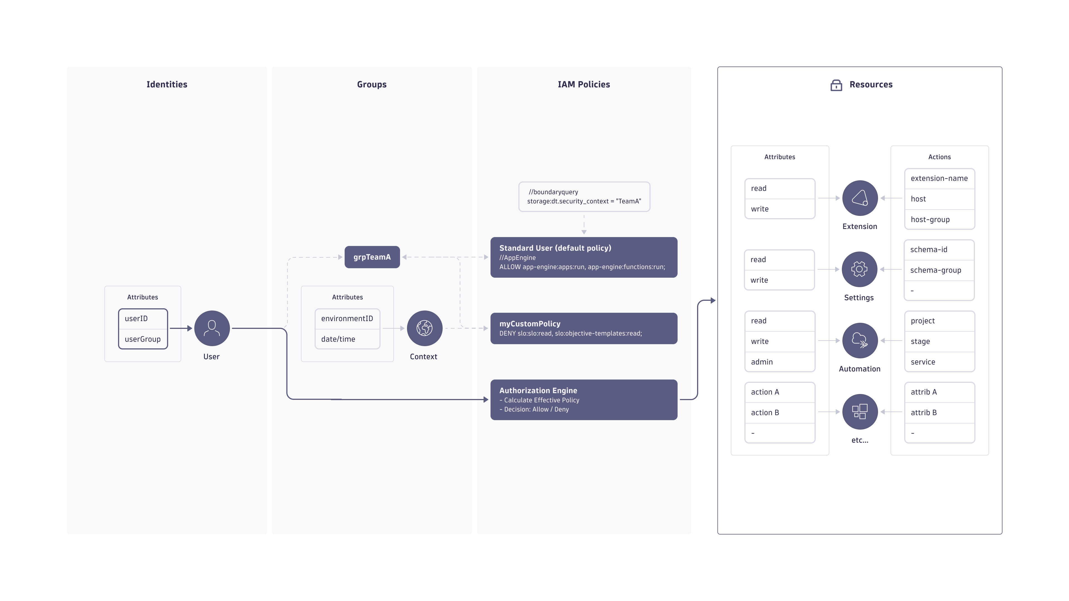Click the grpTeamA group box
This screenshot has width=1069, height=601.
click(372, 257)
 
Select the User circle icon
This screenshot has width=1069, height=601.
click(212, 328)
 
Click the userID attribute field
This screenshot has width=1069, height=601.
click(143, 319)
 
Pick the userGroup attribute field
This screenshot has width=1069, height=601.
click(143, 339)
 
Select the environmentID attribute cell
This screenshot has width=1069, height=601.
click(347, 319)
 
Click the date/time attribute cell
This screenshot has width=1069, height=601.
click(347, 339)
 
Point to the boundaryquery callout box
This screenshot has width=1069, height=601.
click(584, 197)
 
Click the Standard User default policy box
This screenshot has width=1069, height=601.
click(583, 257)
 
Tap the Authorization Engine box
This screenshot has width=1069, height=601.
click(583, 400)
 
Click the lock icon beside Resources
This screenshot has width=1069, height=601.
click(836, 85)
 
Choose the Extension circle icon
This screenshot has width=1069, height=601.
click(860, 198)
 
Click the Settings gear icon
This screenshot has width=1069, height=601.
click(859, 269)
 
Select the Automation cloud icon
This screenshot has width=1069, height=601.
click(860, 341)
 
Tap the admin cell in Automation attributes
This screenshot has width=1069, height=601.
click(779, 362)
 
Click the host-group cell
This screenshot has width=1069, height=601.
click(939, 220)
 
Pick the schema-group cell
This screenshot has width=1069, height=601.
click(939, 270)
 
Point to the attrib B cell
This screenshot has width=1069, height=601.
click(939, 412)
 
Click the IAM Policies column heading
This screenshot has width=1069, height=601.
click(583, 84)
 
